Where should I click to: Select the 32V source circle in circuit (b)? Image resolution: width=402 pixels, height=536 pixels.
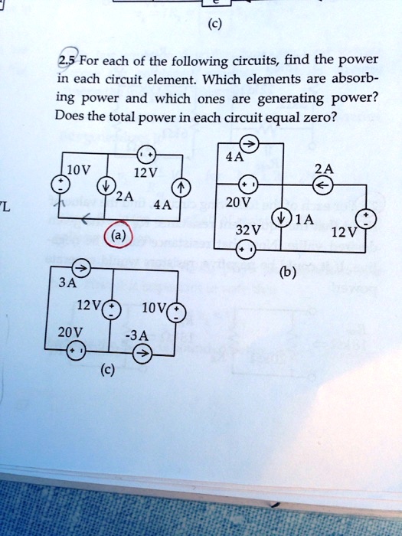(244, 250)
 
